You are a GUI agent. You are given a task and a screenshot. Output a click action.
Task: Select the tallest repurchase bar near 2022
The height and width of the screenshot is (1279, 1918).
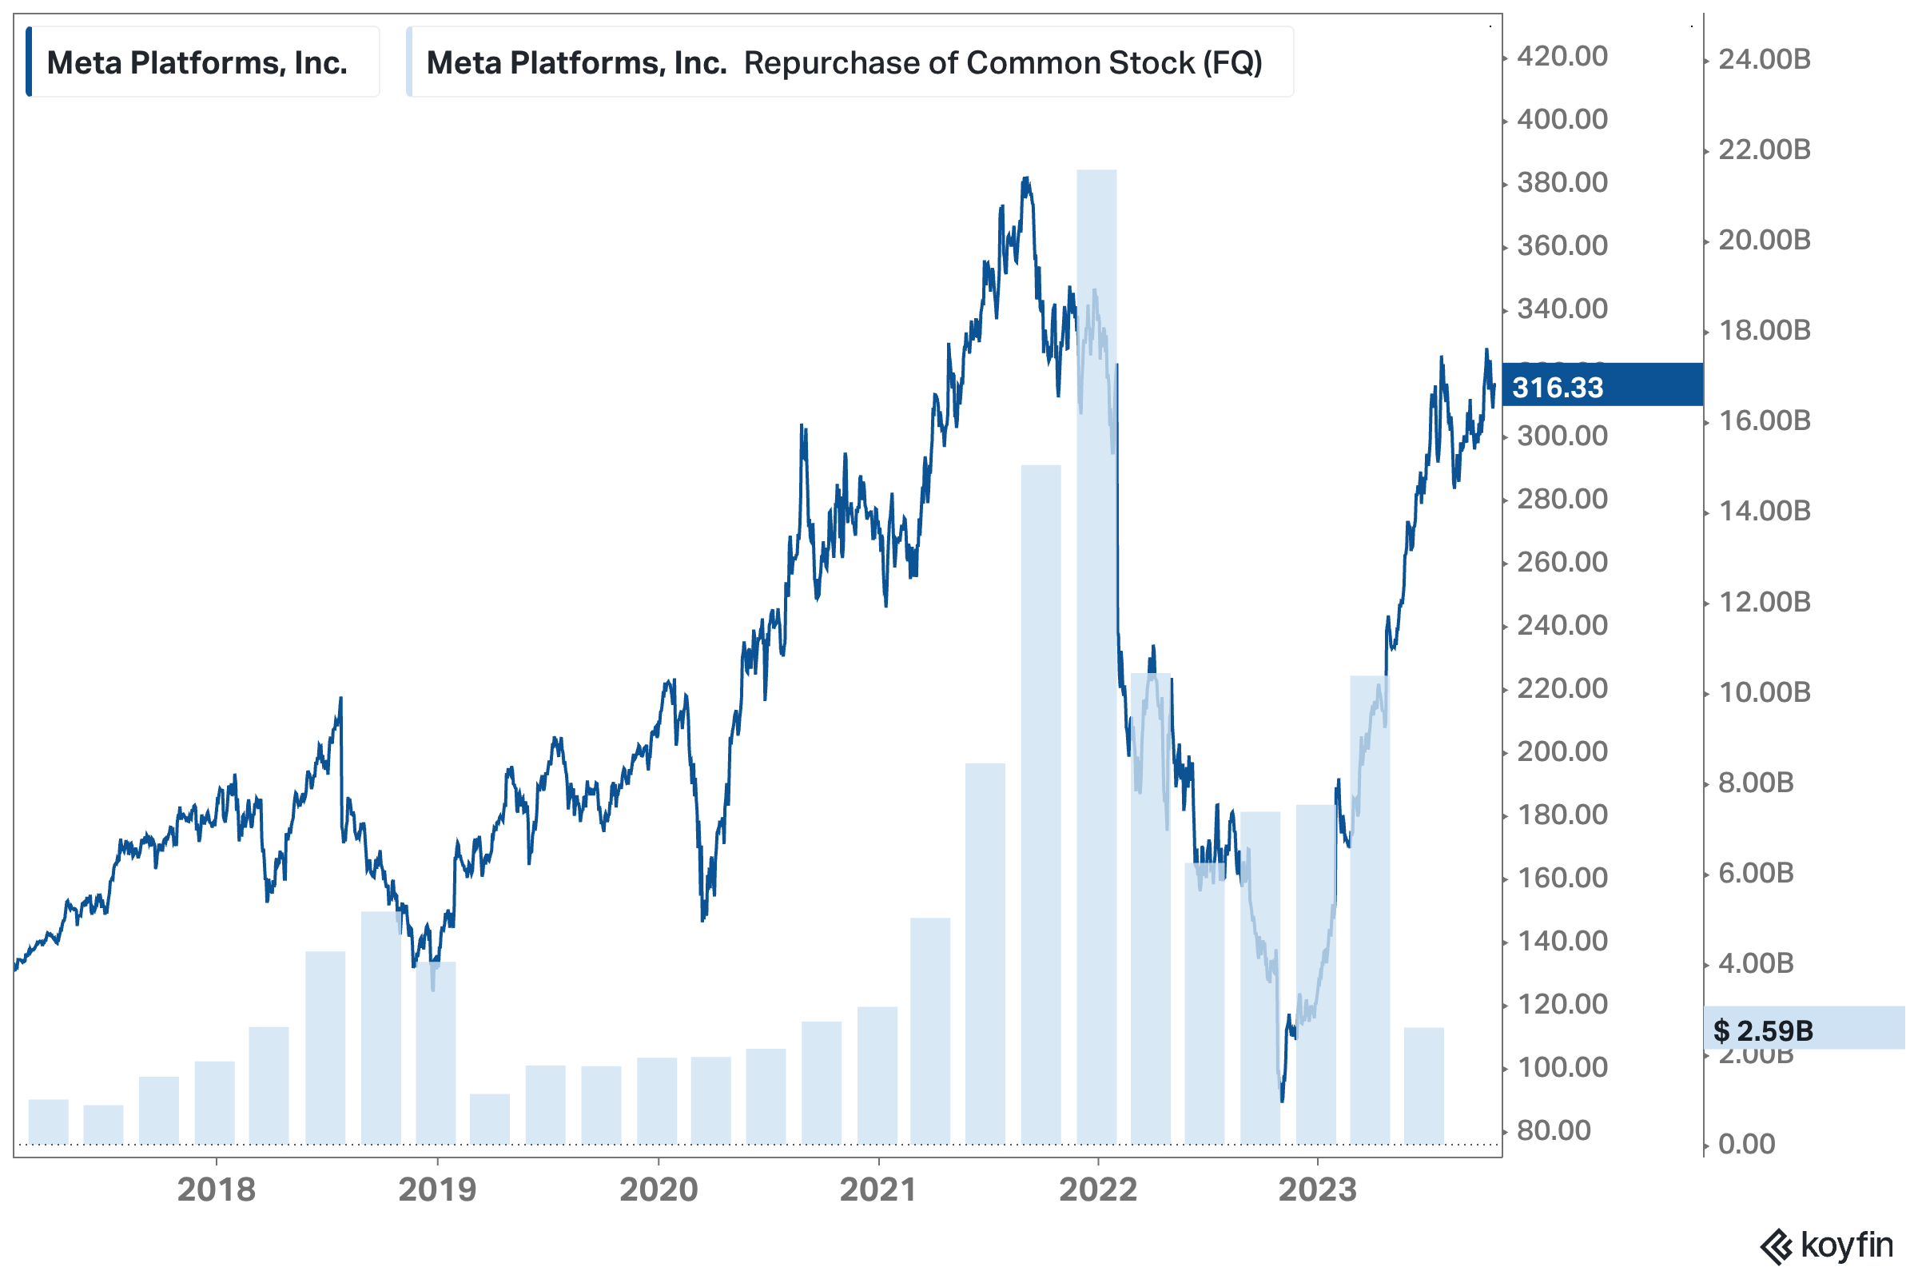1096,652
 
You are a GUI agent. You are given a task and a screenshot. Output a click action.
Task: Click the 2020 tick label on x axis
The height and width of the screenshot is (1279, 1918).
658,1189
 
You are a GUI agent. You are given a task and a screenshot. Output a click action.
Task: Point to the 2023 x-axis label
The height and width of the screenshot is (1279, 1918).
1317,1189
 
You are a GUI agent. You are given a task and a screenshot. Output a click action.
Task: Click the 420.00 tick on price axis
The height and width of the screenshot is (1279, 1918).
1562,56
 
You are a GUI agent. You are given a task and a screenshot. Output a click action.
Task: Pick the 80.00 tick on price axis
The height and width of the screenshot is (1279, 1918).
1554,1130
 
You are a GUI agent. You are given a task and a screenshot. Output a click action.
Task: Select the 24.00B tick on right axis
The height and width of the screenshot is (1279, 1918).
1764,58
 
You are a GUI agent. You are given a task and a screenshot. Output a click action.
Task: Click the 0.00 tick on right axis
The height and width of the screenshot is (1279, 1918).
1746,1144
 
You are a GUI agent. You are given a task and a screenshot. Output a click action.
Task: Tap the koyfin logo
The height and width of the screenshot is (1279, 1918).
1827,1245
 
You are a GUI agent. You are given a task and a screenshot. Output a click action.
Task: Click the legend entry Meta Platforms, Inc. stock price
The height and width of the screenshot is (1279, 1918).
197,62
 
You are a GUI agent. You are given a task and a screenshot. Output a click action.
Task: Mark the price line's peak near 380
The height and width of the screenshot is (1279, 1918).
1026,178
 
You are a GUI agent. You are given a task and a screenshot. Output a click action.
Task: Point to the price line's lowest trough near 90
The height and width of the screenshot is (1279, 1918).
1282,1100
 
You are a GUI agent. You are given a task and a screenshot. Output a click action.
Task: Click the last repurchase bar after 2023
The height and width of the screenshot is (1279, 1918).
1424,1085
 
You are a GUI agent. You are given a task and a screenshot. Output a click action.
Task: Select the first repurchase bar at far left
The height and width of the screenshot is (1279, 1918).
48,1122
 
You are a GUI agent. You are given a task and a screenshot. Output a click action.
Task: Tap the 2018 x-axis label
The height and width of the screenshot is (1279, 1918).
216,1189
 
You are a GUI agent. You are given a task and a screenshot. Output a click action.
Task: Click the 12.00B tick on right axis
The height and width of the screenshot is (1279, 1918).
1764,602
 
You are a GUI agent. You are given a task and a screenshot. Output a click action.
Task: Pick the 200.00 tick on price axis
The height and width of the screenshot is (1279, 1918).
1562,751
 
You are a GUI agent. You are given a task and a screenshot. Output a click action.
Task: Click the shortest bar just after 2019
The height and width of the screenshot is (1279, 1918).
490,1119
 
